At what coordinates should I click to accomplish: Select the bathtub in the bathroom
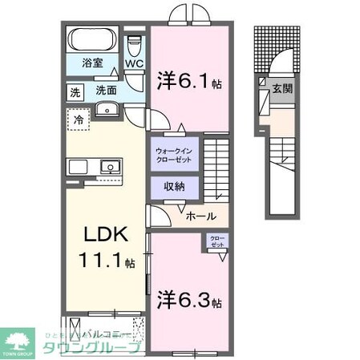point(93,40)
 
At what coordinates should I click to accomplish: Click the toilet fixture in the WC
point(135,42)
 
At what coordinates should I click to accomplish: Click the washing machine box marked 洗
point(73,91)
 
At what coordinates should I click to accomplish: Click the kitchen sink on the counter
point(107,167)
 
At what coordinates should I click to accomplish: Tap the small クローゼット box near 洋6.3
point(217,242)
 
